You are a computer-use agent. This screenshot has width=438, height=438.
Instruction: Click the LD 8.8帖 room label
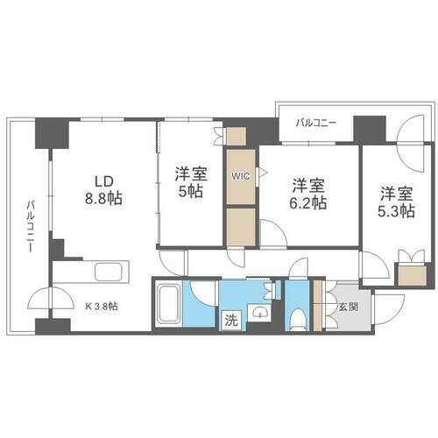coord(103,190)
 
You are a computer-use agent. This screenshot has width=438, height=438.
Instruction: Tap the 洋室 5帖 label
coord(191,182)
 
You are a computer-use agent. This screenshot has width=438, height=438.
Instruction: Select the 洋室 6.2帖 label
coord(308,194)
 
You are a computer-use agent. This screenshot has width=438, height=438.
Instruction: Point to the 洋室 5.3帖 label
coord(396,202)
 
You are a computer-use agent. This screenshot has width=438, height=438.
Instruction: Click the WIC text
coord(241,176)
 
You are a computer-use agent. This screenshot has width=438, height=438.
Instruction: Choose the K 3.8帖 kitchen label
coord(102,306)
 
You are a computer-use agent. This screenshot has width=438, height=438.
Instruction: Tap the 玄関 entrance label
coord(349,307)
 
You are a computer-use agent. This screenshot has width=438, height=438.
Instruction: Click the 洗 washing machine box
coord(231,321)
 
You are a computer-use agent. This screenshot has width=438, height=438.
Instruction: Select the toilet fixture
coord(298,319)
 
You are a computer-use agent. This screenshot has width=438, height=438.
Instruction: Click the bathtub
coord(168,303)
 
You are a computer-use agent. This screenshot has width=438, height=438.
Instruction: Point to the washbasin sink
coord(259,313)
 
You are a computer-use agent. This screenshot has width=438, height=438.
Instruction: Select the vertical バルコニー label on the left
coord(31,226)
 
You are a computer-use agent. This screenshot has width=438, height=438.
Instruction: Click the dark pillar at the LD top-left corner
coord(52,133)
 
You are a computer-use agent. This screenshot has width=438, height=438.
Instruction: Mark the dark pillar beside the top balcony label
coord(370,129)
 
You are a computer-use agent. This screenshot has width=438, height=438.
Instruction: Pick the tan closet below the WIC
coord(241,227)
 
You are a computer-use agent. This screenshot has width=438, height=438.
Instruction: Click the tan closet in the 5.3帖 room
coord(411,275)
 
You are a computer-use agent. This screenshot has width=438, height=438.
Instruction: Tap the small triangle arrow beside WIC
coord(263,172)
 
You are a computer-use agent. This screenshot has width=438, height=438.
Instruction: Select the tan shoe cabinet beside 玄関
coord(317,306)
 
